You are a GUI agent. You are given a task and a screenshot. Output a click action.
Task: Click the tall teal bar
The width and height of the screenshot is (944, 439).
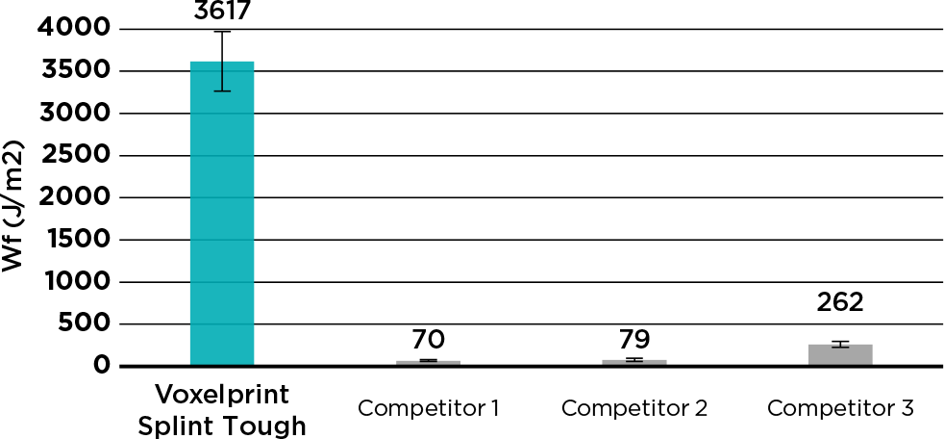pos(222,212)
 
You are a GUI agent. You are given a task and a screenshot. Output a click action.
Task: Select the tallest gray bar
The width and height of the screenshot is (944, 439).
pos(840,354)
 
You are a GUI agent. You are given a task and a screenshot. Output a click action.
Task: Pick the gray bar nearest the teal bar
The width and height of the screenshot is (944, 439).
pos(429,362)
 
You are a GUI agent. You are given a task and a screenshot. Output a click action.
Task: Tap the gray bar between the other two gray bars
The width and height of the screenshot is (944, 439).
pos(634,362)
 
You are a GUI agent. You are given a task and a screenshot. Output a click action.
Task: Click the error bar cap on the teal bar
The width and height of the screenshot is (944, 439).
pos(222,91)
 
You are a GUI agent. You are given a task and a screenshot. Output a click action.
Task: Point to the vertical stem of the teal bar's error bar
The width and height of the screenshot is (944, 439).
pos(222,77)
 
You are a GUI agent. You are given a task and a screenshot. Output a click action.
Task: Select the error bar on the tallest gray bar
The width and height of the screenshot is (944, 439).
pos(840,345)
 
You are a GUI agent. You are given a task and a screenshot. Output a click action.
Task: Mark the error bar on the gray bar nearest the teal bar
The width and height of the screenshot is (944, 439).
pos(429,361)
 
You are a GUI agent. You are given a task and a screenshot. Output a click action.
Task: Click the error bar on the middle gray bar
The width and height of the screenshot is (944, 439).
pos(634,360)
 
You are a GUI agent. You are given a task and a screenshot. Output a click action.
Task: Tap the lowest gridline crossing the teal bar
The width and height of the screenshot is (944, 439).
pos(222,323)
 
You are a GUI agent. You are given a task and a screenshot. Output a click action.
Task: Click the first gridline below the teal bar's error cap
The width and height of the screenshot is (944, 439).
pos(222,114)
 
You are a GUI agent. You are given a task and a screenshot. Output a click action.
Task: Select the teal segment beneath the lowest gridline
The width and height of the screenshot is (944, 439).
pos(222,345)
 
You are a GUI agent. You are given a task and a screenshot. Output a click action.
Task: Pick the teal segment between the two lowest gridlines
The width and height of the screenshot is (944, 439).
pos(222,302)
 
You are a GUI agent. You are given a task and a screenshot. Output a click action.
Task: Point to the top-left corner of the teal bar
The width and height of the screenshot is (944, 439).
pos(189,61)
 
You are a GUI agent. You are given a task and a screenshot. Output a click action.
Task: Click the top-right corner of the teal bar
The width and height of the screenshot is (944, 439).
pos(255,61)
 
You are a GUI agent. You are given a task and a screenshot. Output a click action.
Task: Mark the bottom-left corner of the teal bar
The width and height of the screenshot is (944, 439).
pos(189,364)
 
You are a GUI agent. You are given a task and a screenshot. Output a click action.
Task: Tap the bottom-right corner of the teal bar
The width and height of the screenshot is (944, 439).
pos(255,364)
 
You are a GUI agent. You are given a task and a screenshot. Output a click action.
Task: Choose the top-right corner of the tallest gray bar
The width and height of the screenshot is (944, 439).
pos(873,344)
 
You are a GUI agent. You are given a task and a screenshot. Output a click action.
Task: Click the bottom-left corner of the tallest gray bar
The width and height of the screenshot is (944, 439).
pos(807,364)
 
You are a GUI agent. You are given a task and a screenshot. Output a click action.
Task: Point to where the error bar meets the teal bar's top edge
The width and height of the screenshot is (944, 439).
pos(222,61)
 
